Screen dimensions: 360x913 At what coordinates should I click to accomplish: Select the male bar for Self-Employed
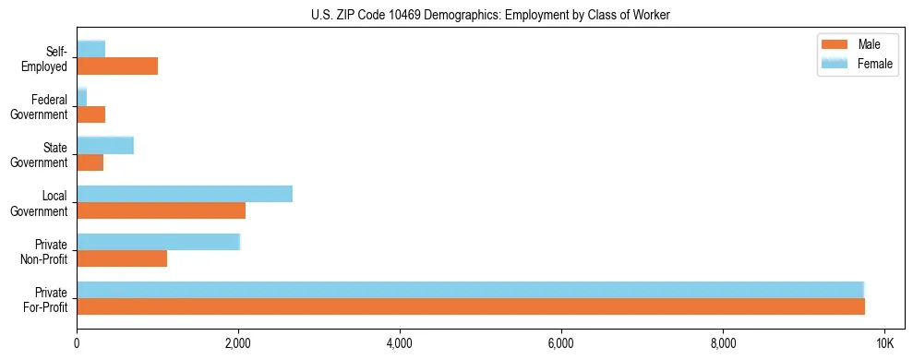(117, 66)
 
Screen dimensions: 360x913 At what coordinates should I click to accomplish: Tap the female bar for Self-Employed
(90, 49)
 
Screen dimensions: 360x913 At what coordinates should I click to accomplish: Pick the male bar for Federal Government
(90, 114)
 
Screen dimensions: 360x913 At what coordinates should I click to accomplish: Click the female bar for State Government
(105, 145)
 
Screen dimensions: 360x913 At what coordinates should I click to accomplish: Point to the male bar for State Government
(90, 162)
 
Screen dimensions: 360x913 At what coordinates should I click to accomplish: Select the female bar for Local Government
(185, 193)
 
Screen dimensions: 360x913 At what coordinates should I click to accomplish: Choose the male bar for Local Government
(161, 210)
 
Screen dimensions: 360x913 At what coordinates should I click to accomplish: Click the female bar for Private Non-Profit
(158, 242)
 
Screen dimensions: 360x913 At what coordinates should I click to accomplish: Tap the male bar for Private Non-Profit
(122, 258)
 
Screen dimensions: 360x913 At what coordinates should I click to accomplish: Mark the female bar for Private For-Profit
(470, 290)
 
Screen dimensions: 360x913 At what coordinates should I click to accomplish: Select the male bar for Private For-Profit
(471, 306)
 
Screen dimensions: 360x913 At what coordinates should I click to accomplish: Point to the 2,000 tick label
(238, 343)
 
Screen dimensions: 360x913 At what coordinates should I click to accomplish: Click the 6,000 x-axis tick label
(561, 343)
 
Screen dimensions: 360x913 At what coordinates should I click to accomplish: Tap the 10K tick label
(884, 343)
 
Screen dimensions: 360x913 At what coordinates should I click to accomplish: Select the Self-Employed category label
(49, 59)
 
